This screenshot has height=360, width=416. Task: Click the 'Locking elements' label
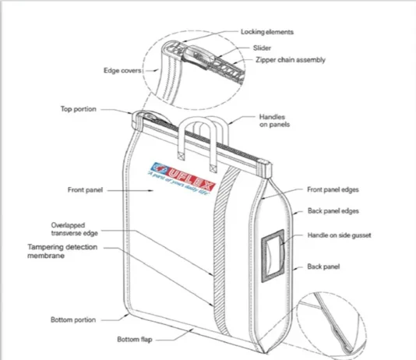(x=267, y=32)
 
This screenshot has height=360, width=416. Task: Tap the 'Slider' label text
(x=262, y=48)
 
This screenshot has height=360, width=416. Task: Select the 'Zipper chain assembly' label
(x=291, y=60)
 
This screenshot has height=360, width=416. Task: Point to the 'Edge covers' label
(x=122, y=71)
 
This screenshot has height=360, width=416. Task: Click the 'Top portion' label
(x=78, y=109)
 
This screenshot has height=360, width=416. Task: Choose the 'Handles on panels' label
(x=274, y=121)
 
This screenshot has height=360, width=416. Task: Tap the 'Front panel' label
(x=85, y=190)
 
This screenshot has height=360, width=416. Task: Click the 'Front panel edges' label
(x=333, y=189)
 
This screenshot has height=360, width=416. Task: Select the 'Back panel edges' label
(x=333, y=211)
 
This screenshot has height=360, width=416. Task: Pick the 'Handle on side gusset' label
(x=339, y=235)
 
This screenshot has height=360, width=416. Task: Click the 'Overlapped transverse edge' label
(x=74, y=229)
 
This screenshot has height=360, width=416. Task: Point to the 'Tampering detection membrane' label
(x=62, y=251)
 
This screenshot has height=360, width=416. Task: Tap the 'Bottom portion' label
(x=73, y=319)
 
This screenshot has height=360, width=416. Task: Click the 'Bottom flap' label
(x=135, y=339)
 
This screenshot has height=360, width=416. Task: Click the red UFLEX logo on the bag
(x=183, y=176)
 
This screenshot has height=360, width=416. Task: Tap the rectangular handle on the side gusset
(x=273, y=256)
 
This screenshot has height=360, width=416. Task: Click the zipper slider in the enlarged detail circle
(x=199, y=56)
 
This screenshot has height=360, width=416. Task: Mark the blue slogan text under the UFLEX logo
(x=179, y=184)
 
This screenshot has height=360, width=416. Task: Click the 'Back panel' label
(x=323, y=266)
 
